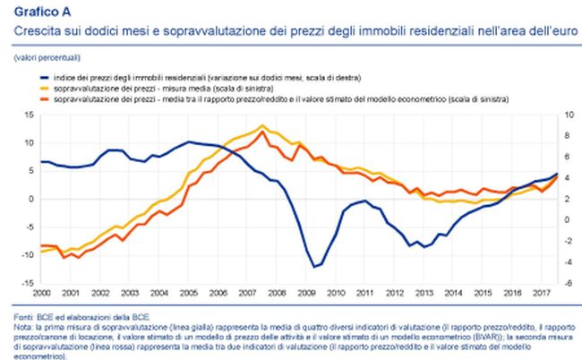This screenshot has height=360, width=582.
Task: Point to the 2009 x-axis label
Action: pos(306,292)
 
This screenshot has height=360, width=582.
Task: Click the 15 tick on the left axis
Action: pos(30,115)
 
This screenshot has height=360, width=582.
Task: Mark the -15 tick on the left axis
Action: pos(28,282)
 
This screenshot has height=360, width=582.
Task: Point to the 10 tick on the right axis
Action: pos(559,115)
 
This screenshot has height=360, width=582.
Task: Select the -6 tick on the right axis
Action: pos(559,282)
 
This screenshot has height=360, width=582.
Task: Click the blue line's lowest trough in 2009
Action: pos(315,266)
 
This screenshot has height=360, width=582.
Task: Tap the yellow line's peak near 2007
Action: pos(261,126)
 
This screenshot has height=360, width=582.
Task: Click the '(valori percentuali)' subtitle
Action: pos(44,58)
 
